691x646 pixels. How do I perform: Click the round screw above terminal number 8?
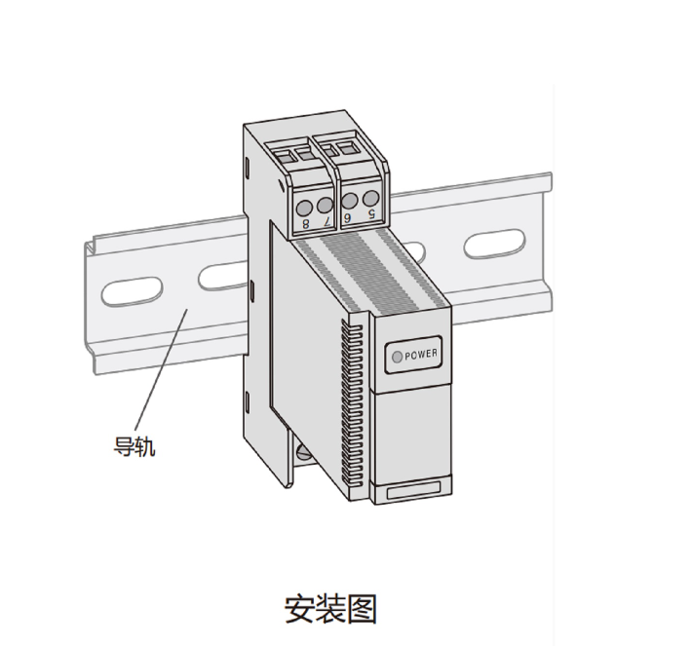304,208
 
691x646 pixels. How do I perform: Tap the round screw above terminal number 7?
325,205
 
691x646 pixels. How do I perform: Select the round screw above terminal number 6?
349,201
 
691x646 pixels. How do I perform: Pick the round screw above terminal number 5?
370,199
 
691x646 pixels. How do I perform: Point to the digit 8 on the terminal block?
306,223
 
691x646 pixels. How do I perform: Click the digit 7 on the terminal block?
327,221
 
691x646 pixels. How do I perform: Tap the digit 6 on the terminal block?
348,217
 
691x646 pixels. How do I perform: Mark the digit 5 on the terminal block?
371,214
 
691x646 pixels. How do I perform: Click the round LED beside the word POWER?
397,357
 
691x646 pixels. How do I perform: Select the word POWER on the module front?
421,355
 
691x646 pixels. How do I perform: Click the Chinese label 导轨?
134,446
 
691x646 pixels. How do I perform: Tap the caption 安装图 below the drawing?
330,609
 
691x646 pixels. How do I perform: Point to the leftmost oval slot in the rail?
132,291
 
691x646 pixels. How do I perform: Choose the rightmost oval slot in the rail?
494,243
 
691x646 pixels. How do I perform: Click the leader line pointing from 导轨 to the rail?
161,369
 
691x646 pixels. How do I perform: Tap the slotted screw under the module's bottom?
304,452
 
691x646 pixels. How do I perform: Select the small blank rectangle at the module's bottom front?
413,490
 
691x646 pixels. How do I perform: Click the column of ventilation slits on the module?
352,404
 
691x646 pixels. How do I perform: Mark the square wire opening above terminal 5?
348,148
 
